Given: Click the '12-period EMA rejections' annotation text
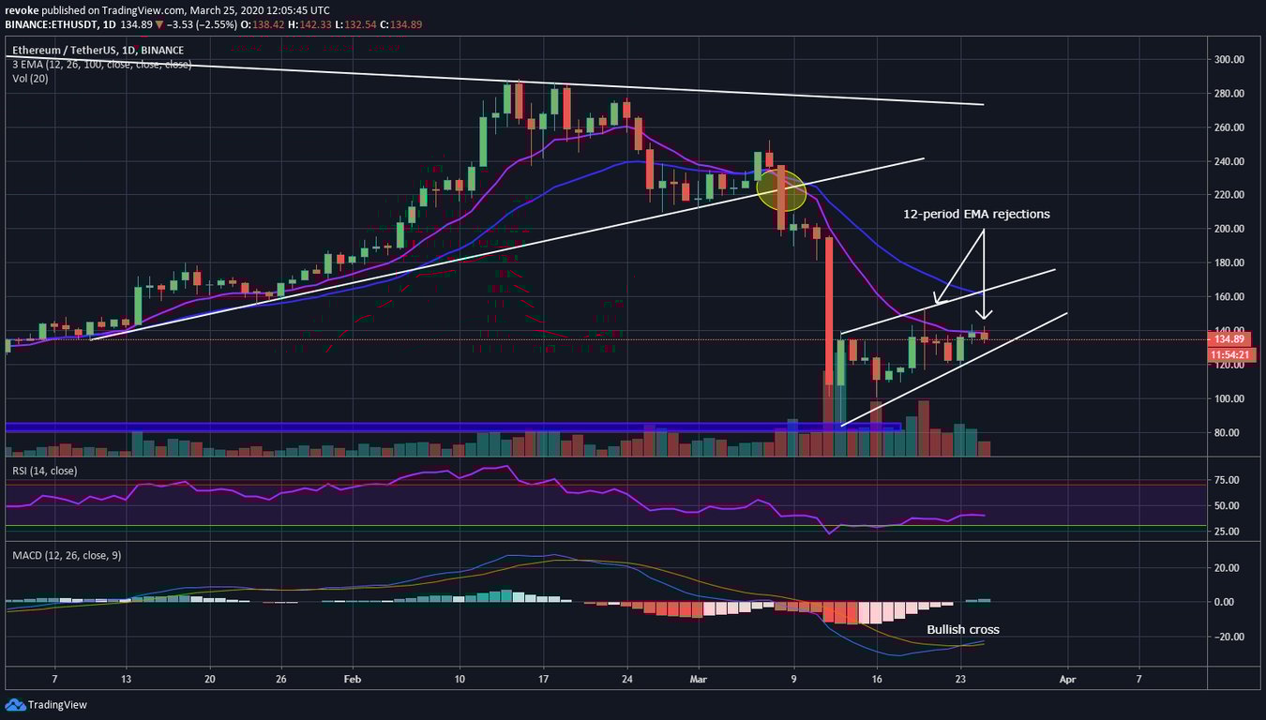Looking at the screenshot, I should [x=976, y=214].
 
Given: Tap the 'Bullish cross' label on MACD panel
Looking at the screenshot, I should [x=963, y=629].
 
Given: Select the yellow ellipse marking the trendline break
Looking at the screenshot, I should [x=781, y=189].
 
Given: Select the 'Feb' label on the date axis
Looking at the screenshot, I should [x=352, y=678].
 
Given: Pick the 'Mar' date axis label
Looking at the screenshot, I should [x=696, y=678].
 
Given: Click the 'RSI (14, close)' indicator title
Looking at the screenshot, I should [x=45, y=471].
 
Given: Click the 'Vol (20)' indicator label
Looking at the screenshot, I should [x=30, y=78].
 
